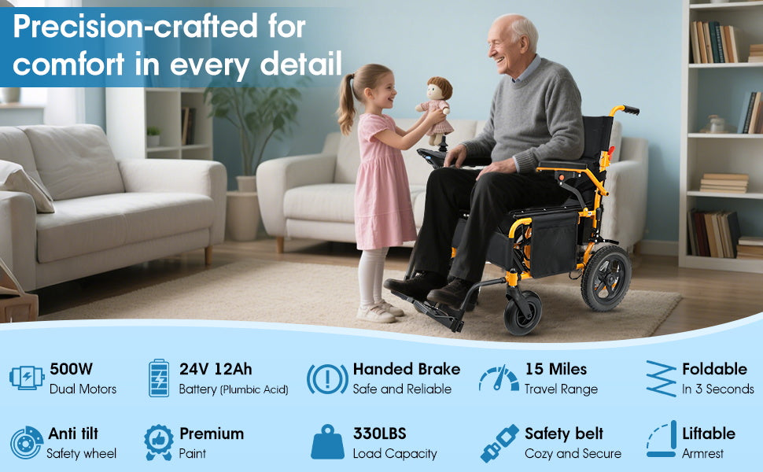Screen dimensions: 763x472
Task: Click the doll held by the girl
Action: point(436,109)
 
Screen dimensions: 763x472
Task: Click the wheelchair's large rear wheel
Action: point(606,278)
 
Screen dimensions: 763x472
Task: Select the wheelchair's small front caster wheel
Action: point(523,312)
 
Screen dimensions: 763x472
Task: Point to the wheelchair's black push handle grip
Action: point(631,110)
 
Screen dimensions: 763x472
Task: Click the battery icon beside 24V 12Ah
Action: point(159,378)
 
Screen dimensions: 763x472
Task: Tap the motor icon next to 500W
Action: point(27,378)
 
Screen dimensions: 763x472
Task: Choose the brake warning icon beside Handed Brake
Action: point(327,378)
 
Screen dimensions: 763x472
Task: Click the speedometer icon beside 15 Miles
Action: point(499,378)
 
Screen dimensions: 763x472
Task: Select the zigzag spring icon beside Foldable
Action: point(662,378)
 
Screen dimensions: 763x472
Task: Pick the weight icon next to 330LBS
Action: point(327,442)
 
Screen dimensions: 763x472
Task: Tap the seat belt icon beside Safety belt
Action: point(499,444)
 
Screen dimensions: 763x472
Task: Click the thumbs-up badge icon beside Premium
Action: point(159,442)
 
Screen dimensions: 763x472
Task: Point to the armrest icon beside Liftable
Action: point(662,440)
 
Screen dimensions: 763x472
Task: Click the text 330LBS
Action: point(380,433)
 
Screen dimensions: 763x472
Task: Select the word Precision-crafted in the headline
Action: point(135,26)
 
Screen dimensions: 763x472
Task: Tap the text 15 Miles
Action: point(555,369)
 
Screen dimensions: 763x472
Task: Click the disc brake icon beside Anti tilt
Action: point(26,443)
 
